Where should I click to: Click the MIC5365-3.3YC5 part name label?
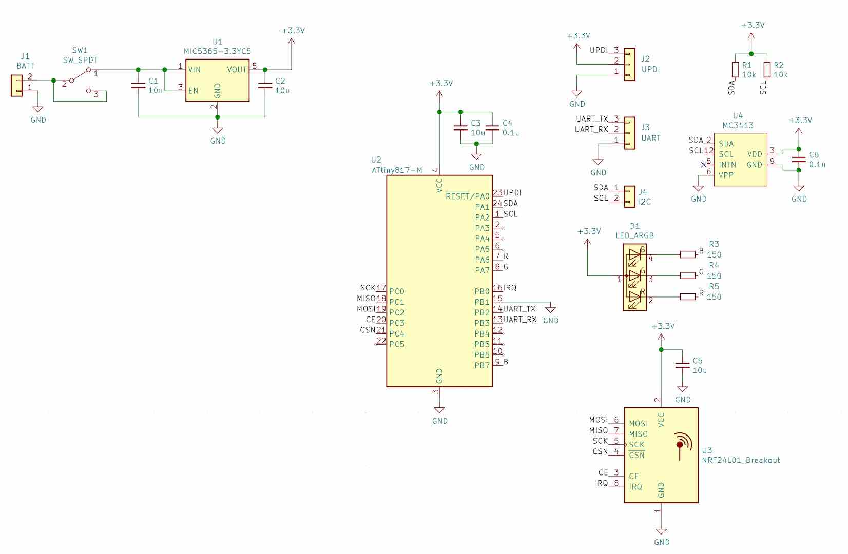217,51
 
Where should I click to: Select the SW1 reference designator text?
80,50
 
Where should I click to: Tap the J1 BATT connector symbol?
17,85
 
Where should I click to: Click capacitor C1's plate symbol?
138,86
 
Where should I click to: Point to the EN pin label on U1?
193,91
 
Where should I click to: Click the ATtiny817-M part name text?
397,170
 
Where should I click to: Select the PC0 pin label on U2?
397,291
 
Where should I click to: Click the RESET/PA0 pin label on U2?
467,196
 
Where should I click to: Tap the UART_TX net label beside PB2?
519,309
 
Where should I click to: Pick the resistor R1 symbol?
735,70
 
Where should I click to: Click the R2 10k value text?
780,74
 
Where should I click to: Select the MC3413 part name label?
738,125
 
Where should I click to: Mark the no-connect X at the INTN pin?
703,165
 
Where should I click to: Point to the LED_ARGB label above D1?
635,235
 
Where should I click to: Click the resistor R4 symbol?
688,275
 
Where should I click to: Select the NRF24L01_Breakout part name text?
741,460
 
